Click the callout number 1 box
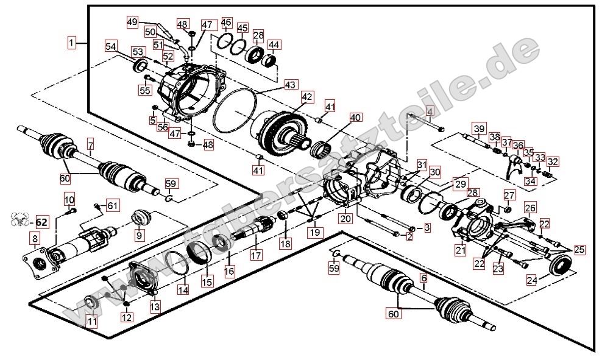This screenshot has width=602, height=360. coord(73,43)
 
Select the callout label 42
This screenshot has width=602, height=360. coord(306,96)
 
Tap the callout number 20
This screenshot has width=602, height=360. coord(345,218)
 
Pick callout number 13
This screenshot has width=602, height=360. coord(155,306)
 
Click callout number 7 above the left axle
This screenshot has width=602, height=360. coord(91,145)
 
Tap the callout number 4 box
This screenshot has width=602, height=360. coord(429,111)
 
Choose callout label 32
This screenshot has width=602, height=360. coord(552,162)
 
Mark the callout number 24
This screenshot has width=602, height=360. coord(532,281)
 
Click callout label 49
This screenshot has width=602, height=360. coord(132,22)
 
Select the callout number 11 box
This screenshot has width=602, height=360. coord(91,322)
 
